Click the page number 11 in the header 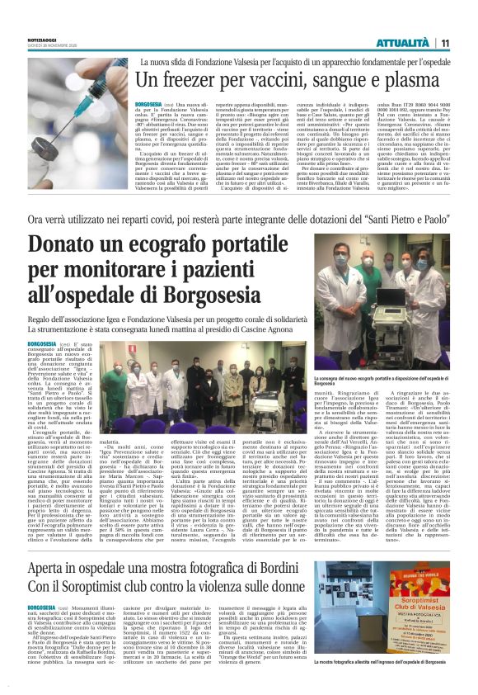(x=444, y=42)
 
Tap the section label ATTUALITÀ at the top (x=401, y=42)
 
